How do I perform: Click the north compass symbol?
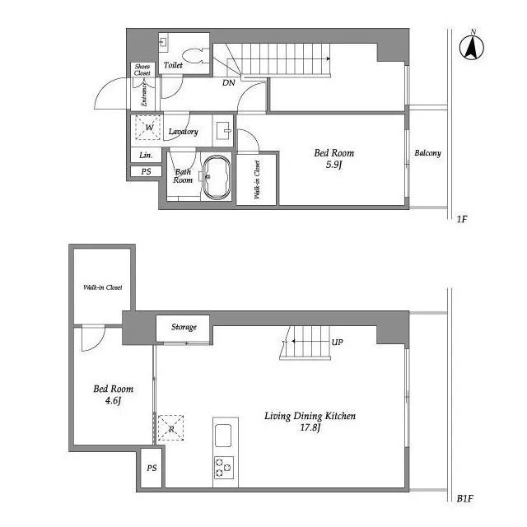[472, 46]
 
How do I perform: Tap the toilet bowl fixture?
[196, 56]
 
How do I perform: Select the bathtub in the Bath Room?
[217, 177]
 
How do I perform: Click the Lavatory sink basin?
[224, 131]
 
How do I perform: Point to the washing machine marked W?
[147, 128]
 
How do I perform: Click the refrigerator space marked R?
[170, 428]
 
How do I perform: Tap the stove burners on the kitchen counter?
[224, 467]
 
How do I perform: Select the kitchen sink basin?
[223, 436]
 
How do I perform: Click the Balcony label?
[427, 153]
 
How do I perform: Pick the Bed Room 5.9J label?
[334, 159]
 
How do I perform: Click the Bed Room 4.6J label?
[114, 394]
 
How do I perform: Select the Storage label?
[184, 327]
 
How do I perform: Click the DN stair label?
[229, 82]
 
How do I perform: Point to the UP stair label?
[337, 343]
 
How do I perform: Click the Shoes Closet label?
[142, 69]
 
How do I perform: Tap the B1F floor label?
[464, 498]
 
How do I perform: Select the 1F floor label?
[462, 219]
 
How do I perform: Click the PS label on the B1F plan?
[152, 468]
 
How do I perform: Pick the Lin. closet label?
[146, 155]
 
